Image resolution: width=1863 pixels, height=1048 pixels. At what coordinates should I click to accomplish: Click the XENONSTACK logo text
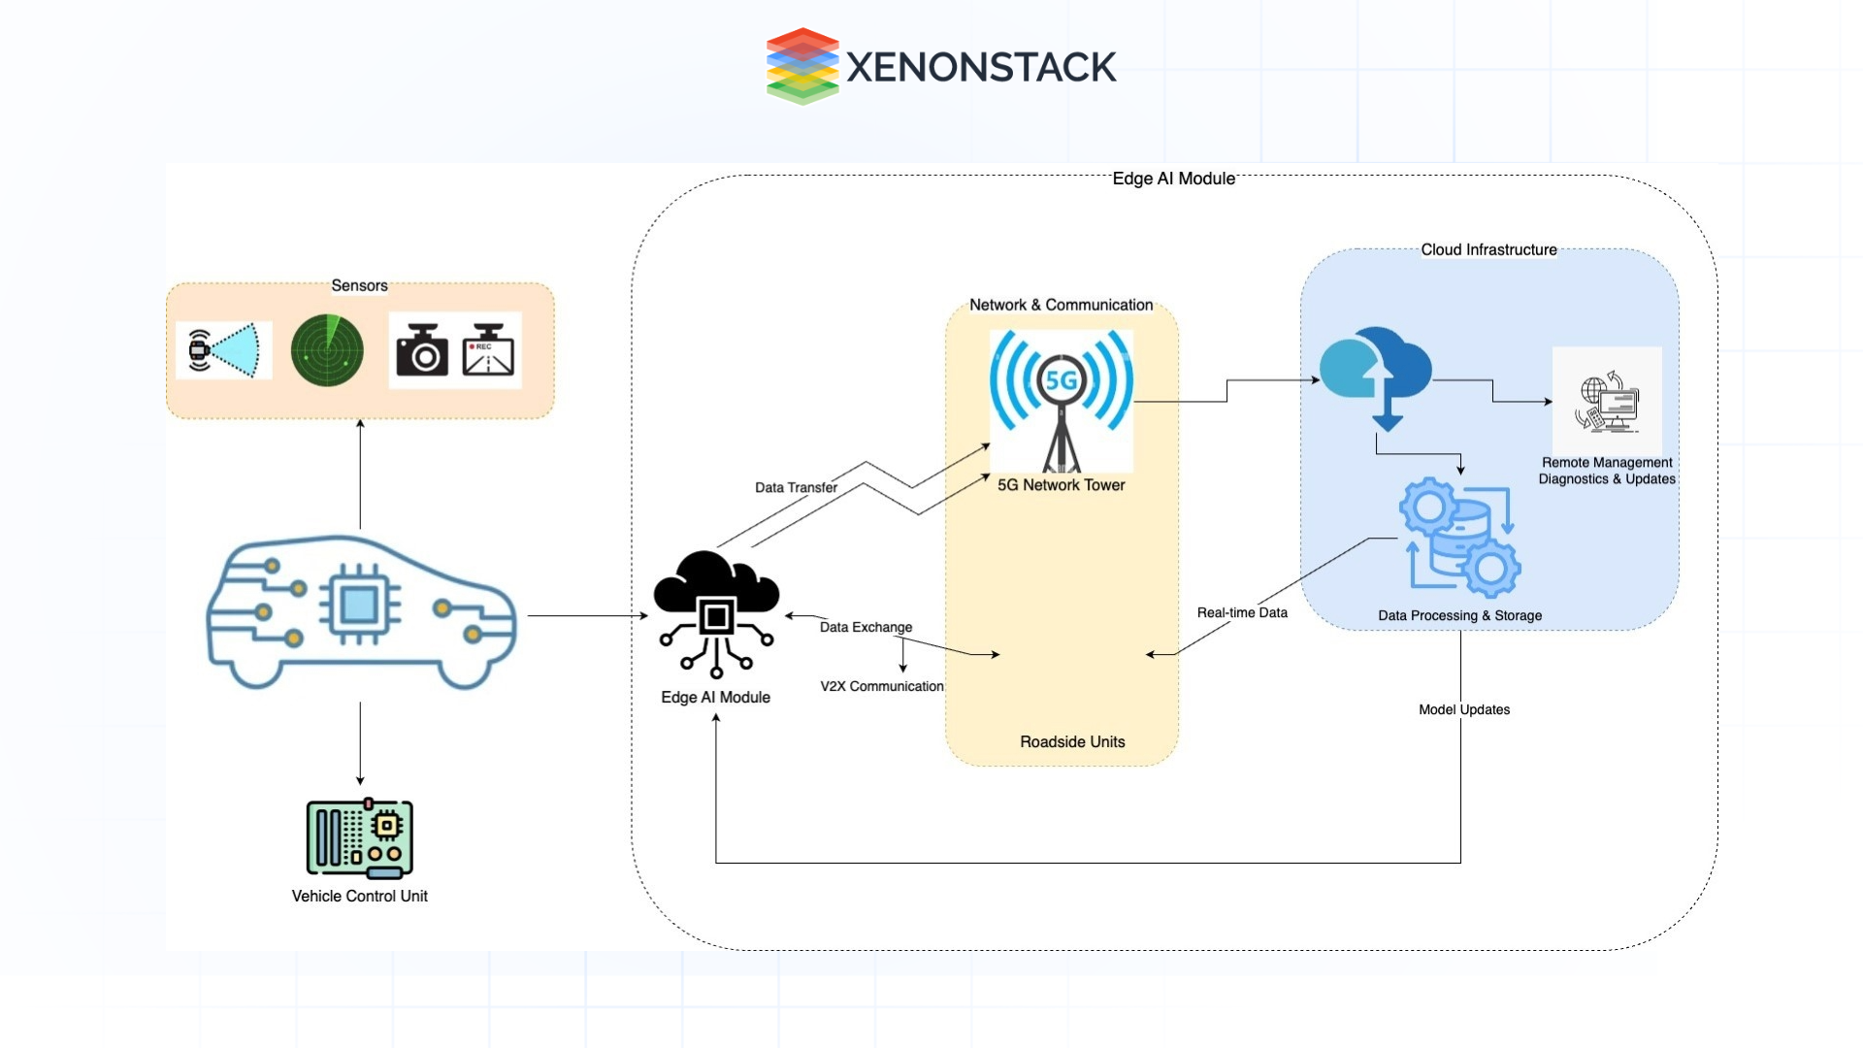coord(980,67)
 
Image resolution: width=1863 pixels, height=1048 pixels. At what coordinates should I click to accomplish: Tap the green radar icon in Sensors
coord(327,350)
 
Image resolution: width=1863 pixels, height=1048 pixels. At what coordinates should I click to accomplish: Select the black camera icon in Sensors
coord(422,350)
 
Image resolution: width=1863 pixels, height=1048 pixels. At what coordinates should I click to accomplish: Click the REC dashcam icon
coord(488,350)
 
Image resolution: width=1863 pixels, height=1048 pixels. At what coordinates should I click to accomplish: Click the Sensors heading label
coord(359,285)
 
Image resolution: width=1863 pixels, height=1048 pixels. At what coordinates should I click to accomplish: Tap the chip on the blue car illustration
coord(359,605)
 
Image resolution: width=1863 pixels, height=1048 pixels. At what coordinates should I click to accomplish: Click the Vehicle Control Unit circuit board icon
coord(359,837)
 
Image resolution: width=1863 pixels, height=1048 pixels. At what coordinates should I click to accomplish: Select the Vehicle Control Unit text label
coord(359,896)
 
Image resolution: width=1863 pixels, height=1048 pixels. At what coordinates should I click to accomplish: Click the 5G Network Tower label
coord(1061,485)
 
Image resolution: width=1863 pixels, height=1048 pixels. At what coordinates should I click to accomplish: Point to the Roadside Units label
coord(1072,741)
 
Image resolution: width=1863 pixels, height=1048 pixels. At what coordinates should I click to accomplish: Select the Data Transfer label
coord(796,487)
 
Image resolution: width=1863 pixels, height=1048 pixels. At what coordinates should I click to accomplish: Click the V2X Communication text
coord(881,686)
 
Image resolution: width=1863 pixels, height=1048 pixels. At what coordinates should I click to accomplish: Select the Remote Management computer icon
coord(1607,401)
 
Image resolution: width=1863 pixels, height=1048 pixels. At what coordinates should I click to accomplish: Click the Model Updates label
coord(1464,709)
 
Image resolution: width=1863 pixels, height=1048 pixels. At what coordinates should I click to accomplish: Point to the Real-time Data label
coord(1242,612)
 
